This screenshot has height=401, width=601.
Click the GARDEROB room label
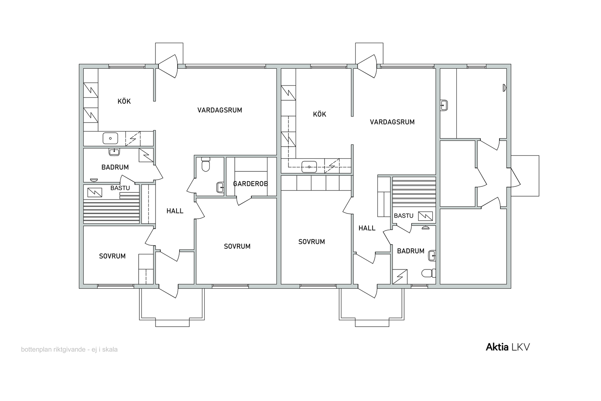pos(250,184)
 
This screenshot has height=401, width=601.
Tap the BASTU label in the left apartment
pos(120,188)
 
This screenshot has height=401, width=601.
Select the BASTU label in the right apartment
pos(403,215)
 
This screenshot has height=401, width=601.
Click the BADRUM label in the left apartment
pos(115,167)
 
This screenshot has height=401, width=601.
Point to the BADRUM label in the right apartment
pos(411,251)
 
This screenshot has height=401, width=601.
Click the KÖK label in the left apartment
pos(124,101)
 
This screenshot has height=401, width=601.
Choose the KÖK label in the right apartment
pos(319,114)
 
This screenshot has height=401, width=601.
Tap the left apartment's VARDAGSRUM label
pos(220,110)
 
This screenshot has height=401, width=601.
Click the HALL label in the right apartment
pos(367,228)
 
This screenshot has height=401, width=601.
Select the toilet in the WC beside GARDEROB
pos(206,165)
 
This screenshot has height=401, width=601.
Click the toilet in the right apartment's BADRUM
pos(429,273)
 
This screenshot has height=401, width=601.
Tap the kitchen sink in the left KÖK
pos(110,139)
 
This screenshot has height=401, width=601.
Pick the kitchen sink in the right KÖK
pos(309,167)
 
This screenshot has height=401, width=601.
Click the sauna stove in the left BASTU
pos(95,192)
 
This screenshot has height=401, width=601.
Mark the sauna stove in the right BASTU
pos(425,216)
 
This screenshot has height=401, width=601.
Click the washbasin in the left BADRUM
pos(114,152)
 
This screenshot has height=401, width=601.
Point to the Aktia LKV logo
pos(507,347)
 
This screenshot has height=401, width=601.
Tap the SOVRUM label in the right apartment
pos(311,242)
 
